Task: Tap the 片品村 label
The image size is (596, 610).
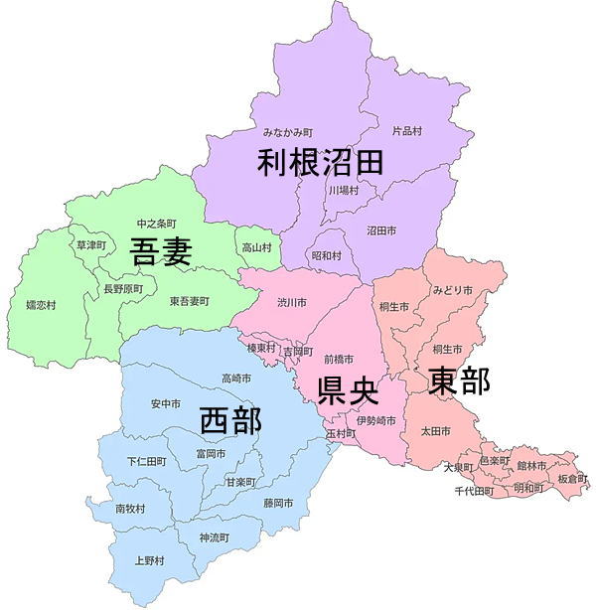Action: point(407,130)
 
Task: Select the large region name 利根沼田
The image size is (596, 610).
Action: point(320,162)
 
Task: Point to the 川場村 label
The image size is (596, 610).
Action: point(343,190)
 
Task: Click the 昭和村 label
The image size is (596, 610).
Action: point(327,255)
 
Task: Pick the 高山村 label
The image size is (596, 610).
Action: point(256,247)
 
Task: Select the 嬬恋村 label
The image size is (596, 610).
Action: point(41,305)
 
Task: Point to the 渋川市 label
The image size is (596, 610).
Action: point(292,302)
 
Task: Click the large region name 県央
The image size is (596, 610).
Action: point(348,389)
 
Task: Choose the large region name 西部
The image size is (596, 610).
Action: point(230,420)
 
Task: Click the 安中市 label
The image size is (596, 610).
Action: point(166,404)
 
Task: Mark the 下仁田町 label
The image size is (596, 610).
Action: point(146,462)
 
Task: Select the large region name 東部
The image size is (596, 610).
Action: point(459,381)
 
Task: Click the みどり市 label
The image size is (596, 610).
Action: point(452,290)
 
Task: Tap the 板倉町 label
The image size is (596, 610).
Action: point(572,478)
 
